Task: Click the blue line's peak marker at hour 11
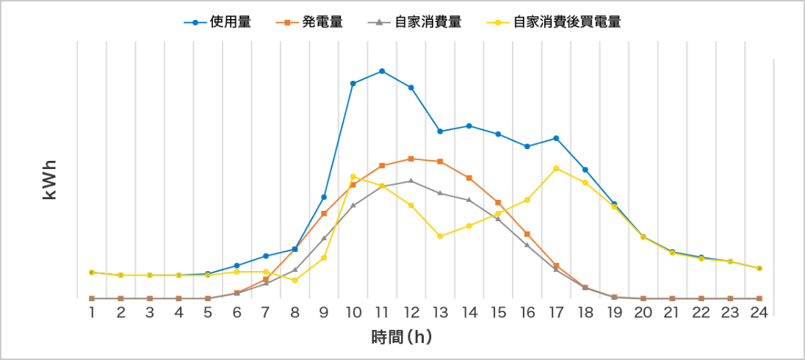point(382,71)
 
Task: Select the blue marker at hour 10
point(353,83)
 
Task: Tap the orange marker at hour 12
point(411,159)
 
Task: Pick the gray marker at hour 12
point(411,180)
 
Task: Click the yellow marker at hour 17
point(556,168)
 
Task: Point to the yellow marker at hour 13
point(439,237)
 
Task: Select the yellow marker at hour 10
point(353,176)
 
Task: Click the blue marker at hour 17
point(556,138)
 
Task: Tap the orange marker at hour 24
point(759,298)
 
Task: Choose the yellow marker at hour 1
point(92,272)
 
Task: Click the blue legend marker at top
point(195,23)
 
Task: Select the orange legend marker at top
point(287,23)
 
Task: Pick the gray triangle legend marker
point(378,23)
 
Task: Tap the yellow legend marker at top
point(498,23)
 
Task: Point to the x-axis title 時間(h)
point(400,338)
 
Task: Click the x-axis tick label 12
point(411,313)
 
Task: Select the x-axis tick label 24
point(759,313)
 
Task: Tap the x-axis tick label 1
point(92,313)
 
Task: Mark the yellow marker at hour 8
point(295,281)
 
